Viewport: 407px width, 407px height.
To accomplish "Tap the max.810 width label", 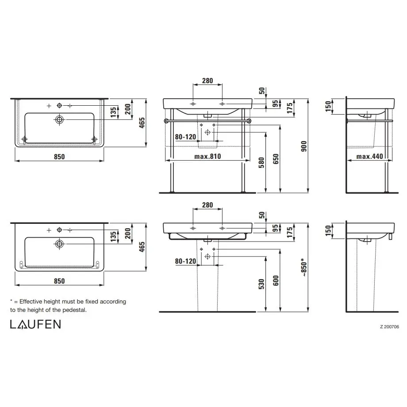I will (207, 156).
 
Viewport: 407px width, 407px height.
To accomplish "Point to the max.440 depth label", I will (369, 156).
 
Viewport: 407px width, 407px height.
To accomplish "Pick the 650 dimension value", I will (276, 158).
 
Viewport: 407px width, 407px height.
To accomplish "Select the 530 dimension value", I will (261, 284).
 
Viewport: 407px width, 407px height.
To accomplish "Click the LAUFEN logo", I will (35, 324).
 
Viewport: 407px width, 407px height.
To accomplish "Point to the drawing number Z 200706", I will (389, 327).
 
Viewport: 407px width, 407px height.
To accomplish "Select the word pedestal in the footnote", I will (73, 310).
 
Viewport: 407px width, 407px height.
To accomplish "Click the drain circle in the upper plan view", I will (59, 119).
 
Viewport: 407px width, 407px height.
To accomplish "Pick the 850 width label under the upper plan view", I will (59, 157).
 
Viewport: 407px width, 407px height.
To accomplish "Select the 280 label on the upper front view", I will (207, 81).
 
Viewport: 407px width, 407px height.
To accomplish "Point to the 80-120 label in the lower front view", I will (185, 261).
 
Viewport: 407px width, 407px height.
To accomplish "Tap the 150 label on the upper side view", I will (328, 107).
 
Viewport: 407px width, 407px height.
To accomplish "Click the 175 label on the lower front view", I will (290, 232).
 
